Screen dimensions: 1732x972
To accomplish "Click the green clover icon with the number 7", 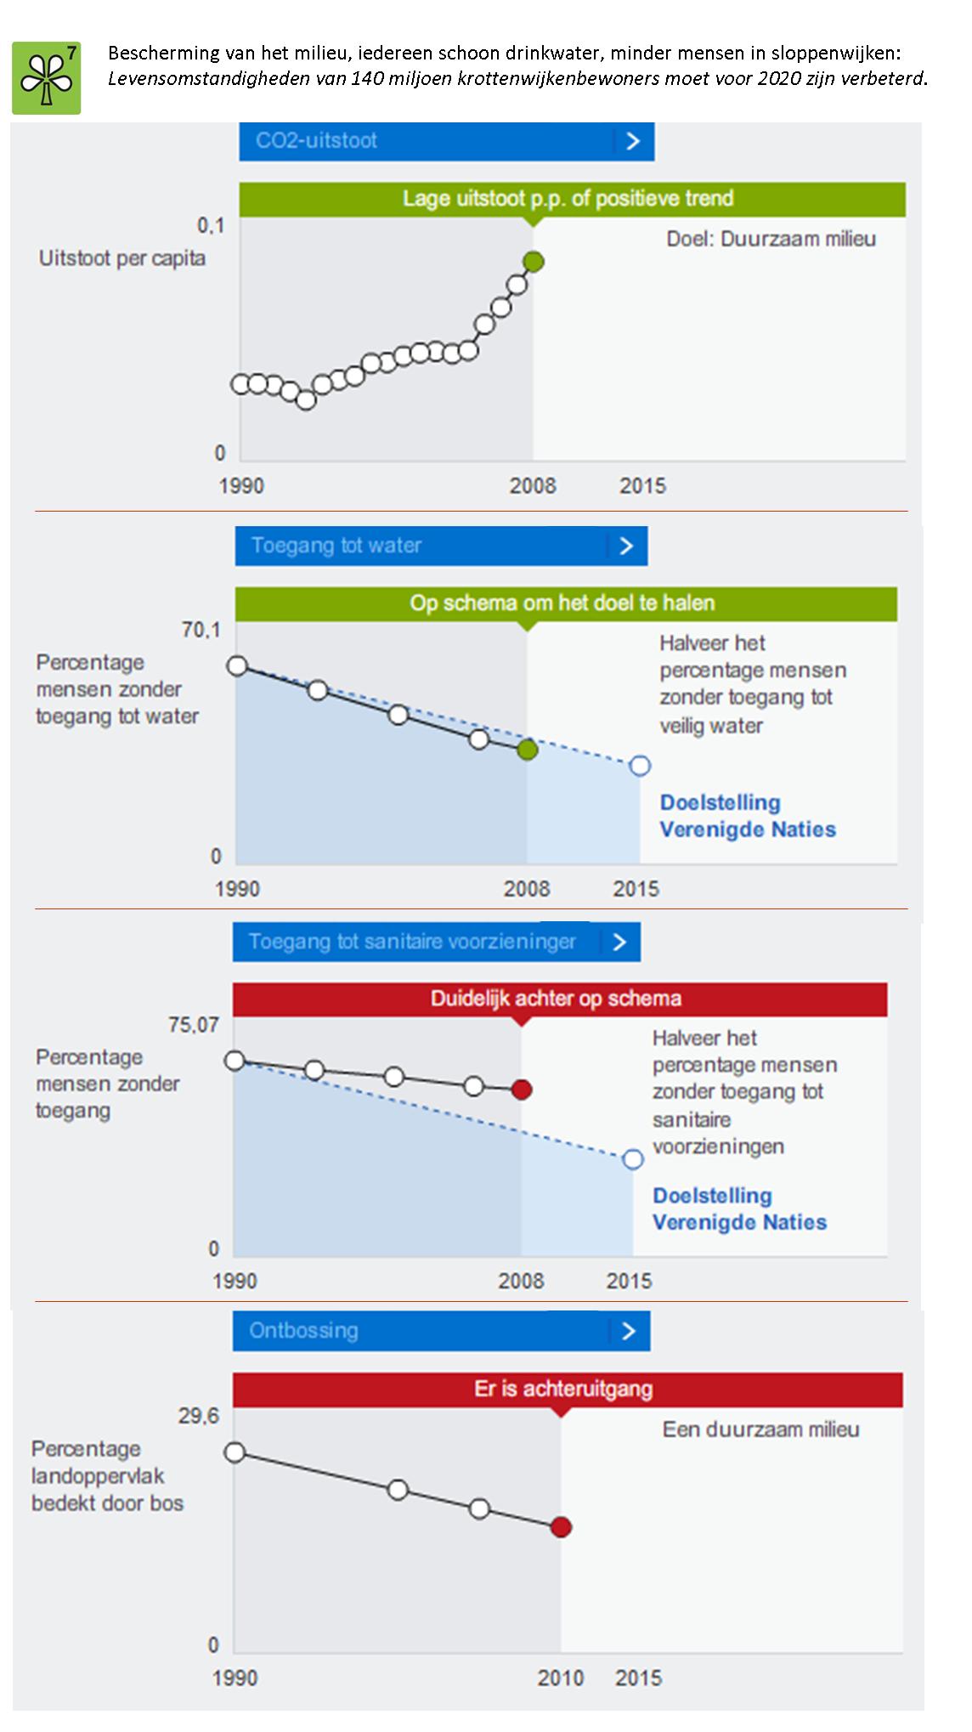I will [47, 78].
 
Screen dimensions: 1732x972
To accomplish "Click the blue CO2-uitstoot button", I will [445, 141].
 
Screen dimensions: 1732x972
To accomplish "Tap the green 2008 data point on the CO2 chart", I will [533, 262].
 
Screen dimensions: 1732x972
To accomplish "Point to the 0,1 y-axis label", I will [211, 225].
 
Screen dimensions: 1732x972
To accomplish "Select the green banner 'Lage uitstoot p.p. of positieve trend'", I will [571, 199].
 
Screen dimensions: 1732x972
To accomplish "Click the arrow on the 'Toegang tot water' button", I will [627, 546].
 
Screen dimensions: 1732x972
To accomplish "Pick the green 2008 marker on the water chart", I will [528, 750].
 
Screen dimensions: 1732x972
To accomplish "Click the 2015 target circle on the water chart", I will [640, 766].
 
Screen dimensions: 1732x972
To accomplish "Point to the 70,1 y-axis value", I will [201, 630].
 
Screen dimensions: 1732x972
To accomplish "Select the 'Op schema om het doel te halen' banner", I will [565, 603].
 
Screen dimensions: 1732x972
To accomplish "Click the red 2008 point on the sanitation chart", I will [522, 1090].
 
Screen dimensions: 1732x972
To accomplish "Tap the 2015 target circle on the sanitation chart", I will [633, 1159].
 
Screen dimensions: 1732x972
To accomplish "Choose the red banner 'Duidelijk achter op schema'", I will [559, 999].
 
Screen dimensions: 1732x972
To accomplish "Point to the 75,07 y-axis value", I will [194, 1025].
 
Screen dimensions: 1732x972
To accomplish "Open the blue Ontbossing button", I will [440, 1331].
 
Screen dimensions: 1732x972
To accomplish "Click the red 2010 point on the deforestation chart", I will [561, 1527].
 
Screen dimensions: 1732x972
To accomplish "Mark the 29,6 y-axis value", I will [199, 1416].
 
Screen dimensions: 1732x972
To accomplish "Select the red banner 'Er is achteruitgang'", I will [567, 1390].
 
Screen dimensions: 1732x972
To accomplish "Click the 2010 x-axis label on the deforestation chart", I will [561, 1678].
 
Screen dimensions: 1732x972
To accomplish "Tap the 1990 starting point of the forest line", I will [235, 1452].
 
